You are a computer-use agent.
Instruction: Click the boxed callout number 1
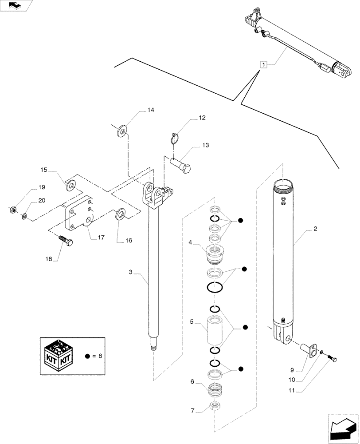coord(264,65)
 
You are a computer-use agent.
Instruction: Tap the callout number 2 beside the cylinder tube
coord(315,229)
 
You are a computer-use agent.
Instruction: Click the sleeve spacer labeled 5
coord(215,329)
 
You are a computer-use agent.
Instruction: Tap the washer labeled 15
coord(69,182)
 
